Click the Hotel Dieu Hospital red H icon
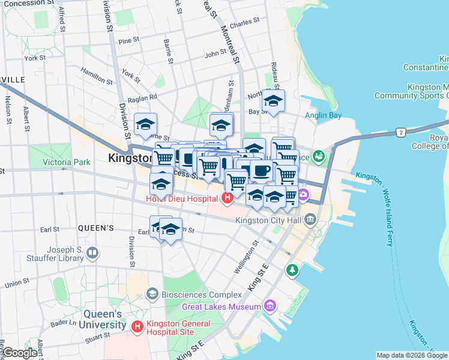point(228,197)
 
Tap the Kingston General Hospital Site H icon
point(137,326)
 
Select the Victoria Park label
point(66,162)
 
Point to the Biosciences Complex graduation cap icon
point(152,294)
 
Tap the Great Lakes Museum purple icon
point(270,307)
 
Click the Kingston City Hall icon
point(310,219)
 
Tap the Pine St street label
point(128,41)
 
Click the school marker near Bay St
point(274,101)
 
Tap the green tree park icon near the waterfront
point(292,269)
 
